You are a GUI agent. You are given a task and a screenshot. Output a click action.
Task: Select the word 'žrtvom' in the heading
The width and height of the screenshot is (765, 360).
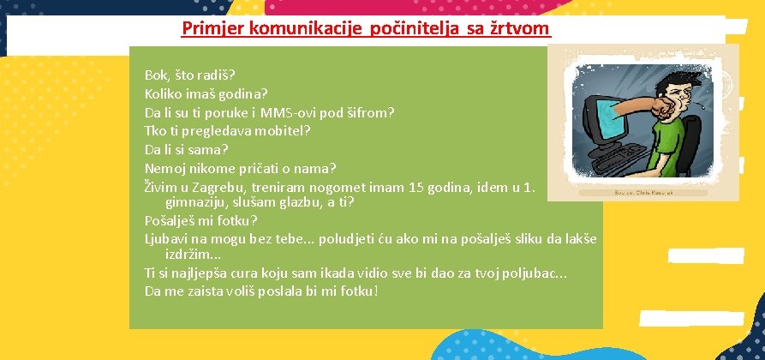(523, 28)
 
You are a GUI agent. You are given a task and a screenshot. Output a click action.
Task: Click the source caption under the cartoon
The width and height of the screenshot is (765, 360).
(642, 194)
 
